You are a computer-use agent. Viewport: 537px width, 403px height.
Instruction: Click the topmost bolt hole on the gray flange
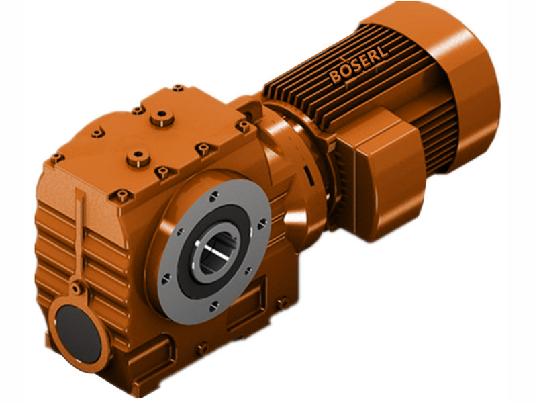[x=213, y=195]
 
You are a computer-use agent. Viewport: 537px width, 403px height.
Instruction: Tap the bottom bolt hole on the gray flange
[x=214, y=306]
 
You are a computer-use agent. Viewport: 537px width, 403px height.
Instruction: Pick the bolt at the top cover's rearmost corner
[x=178, y=88]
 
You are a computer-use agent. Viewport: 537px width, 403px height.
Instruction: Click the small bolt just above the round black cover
[x=79, y=289]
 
